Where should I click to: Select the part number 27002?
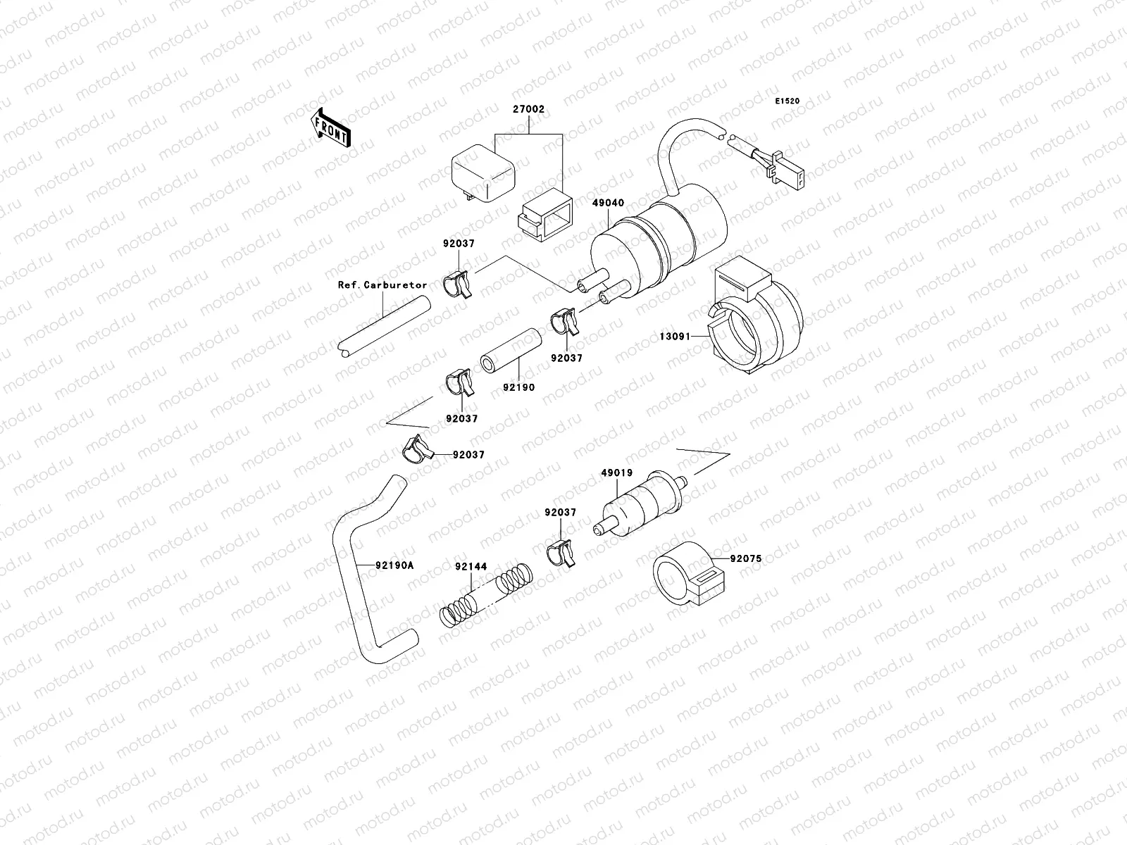(528, 110)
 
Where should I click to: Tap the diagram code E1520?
(787, 101)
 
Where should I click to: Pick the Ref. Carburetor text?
(382, 285)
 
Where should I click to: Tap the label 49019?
(616, 472)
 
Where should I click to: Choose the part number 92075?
(746, 558)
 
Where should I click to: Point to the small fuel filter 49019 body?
(641, 505)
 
